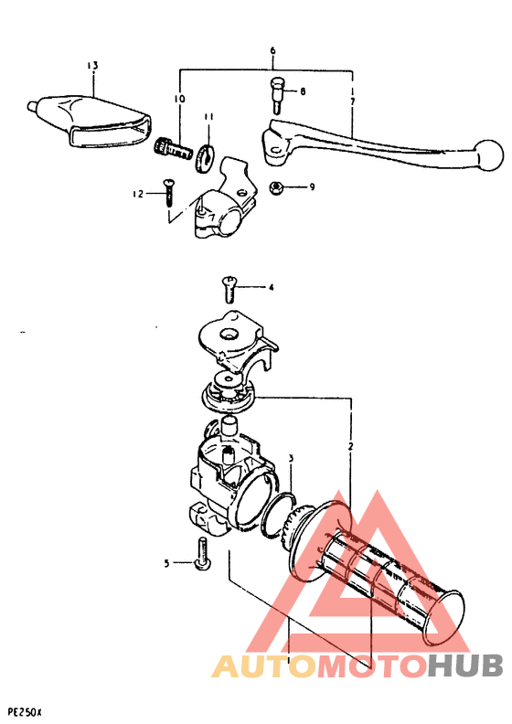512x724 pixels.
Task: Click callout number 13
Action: pyautogui.click(x=91, y=65)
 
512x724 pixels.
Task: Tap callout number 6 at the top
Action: pyautogui.click(x=272, y=52)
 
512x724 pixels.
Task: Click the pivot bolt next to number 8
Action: pyautogui.click(x=276, y=93)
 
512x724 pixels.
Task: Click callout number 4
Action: pyautogui.click(x=271, y=287)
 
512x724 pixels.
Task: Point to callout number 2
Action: pyautogui.click(x=350, y=446)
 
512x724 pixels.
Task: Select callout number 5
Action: pyautogui.click(x=167, y=564)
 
